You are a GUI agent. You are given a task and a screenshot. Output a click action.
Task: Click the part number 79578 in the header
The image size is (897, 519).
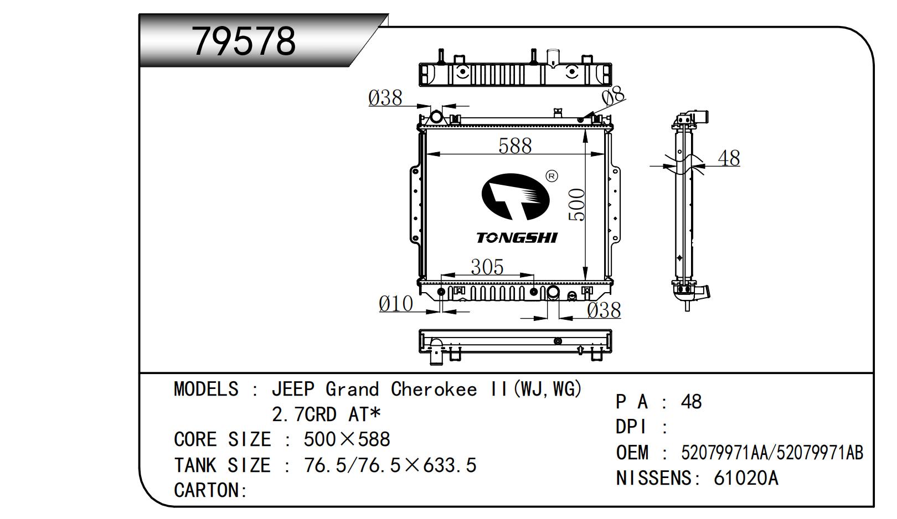click(x=244, y=40)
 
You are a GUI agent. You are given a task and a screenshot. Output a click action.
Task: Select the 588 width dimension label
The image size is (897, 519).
click(x=515, y=146)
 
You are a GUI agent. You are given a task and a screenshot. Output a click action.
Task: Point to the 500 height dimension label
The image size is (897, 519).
click(x=577, y=205)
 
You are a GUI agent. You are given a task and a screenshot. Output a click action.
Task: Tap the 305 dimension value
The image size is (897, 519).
click(x=487, y=267)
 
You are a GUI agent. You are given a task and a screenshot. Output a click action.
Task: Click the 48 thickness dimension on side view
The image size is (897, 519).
click(x=729, y=158)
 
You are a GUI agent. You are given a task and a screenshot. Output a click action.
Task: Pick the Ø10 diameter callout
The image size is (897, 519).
click(x=396, y=304)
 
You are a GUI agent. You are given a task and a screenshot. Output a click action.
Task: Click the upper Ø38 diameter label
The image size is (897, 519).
click(x=385, y=98)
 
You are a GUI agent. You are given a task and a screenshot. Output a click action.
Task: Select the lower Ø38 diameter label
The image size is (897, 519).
click(x=604, y=310)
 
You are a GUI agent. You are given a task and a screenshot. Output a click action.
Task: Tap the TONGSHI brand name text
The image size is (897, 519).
click(x=517, y=238)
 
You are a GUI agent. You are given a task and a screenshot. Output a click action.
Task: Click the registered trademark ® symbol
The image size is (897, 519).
click(x=552, y=176)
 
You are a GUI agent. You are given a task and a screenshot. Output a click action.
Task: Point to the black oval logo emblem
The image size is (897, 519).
click(x=515, y=196)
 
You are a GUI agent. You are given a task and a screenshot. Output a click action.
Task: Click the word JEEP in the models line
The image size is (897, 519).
click(x=292, y=390)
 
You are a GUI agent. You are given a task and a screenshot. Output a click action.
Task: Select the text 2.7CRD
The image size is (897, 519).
click(x=304, y=414)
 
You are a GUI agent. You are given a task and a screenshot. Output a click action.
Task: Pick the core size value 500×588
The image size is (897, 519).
click(x=347, y=440)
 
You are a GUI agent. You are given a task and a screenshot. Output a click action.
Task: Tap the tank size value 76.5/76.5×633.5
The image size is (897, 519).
click(x=390, y=465)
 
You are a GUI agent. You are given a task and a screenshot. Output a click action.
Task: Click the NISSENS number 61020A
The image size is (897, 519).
click(x=746, y=478)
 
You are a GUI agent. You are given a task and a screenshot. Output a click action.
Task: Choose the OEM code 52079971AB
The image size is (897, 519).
click(x=820, y=453)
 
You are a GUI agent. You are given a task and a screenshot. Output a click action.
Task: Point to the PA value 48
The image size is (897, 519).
click(x=691, y=402)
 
